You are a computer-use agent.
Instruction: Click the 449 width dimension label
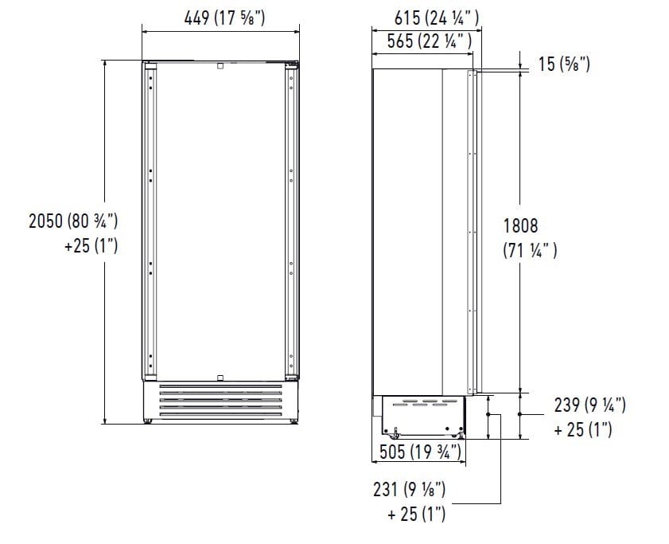click(224, 18)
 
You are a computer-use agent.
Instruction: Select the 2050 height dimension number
click(45, 221)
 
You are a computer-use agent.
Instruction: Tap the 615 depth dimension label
click(437, 18)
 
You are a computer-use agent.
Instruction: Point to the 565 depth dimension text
click(430, 41)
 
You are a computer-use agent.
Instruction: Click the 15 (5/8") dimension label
click(564, 64)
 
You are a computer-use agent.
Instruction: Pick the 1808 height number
click(520, 225)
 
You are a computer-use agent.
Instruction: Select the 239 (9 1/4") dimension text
click(590, 405)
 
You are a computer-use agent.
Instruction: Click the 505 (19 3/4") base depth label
click(420, 452)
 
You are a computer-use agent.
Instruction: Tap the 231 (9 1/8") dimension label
click(410, 489)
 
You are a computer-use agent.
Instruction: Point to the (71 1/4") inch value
click(530, 250)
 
